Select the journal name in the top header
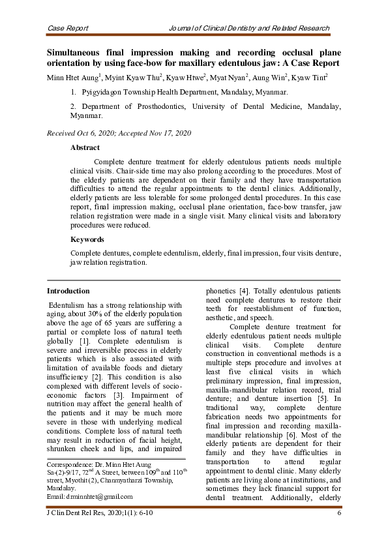(x=248, y=29)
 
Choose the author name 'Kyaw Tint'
(x=310, y=78)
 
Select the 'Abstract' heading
(x=85, y=148)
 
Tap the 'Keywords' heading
(x=87, y=239)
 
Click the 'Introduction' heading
(x=68, y=291)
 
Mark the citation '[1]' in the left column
(x=85, y=341)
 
